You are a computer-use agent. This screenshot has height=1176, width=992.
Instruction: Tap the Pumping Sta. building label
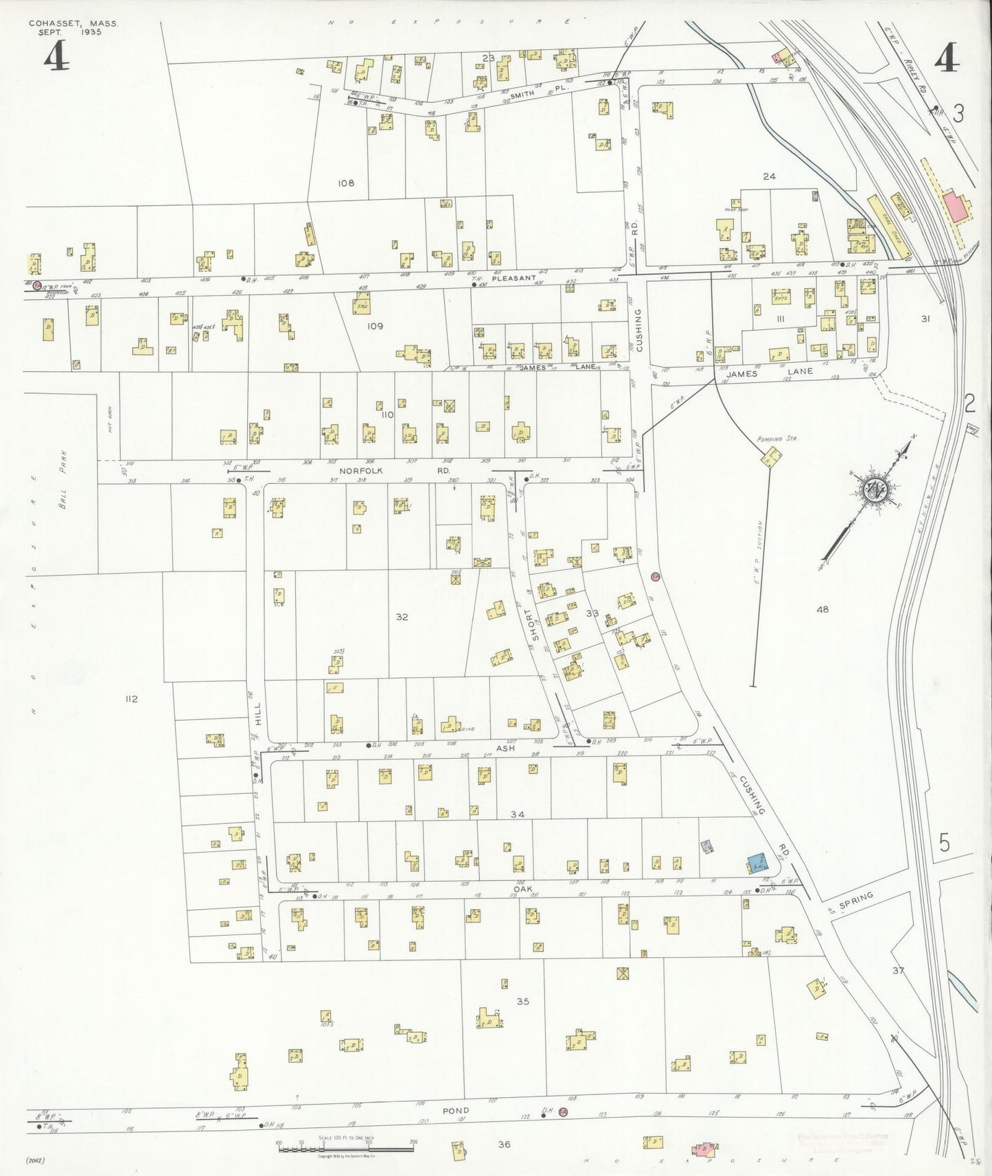tap(777, 438)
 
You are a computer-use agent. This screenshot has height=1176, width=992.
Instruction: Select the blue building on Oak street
tap(757, 863)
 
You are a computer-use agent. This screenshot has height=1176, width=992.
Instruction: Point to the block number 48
tap(822, 609)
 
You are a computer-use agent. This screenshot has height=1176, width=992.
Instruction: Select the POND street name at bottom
tap(455, 1110)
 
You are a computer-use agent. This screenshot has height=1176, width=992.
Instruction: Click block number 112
tap(131, 698)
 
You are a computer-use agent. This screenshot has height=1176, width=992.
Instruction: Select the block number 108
tap(346, 183)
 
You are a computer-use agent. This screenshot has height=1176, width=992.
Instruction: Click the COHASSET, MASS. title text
tap(73, 23)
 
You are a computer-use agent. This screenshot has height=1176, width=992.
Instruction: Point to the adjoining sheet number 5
tap(945, 843)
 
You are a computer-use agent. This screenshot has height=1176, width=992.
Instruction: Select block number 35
tap(523, 1001)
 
